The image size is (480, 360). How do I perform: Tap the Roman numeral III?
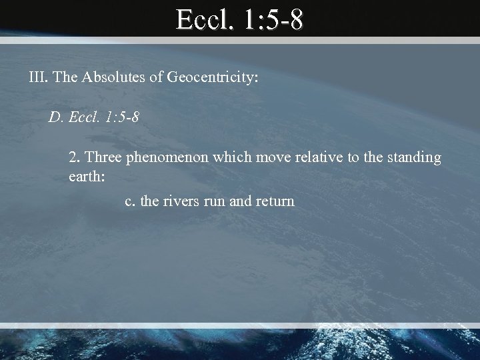click(37, 78)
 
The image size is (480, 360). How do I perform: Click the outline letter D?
click(55, 119)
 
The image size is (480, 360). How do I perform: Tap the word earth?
click(85, 177)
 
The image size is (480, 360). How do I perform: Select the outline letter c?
click(129, 200)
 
